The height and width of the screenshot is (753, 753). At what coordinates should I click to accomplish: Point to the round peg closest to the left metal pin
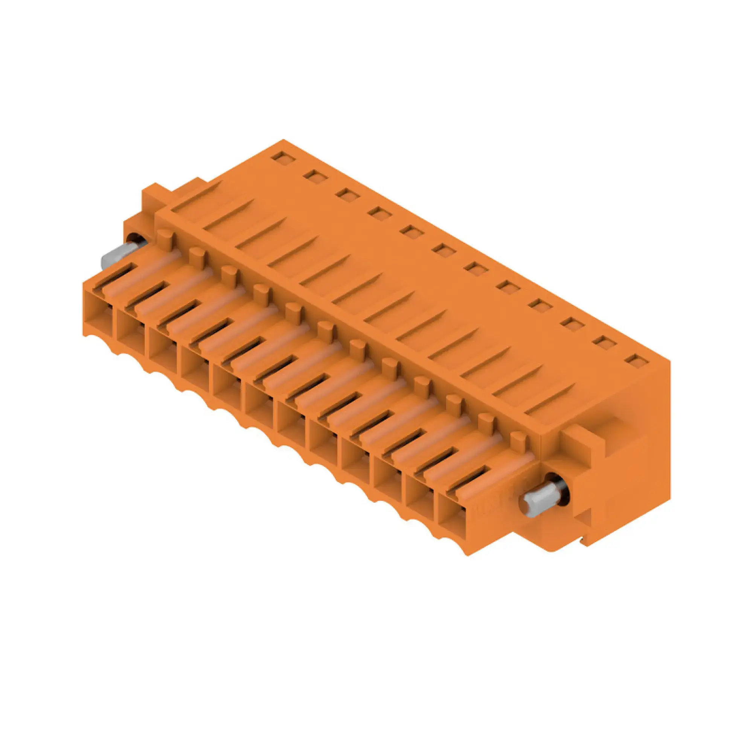click(165, 239)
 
